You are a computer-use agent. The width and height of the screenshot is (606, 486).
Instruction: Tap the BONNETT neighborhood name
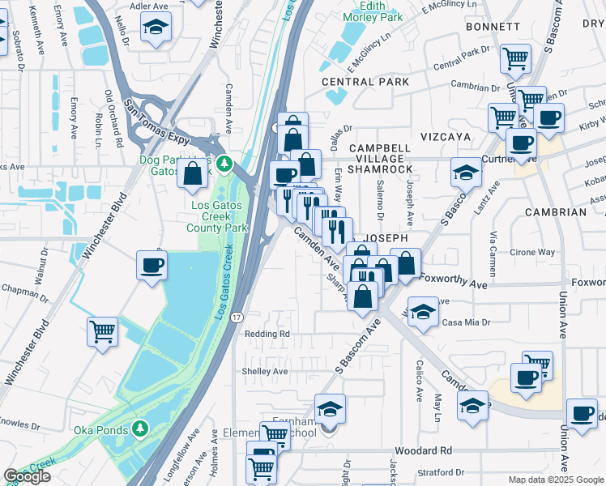point(493,27)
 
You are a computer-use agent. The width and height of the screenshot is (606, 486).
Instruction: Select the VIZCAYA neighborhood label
point(445,138)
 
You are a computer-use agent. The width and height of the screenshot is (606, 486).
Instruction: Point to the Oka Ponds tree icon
point(141,428)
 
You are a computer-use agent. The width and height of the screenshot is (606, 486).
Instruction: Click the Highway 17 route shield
point(235,314)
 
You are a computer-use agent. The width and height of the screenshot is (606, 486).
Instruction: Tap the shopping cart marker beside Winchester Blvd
point(103,331)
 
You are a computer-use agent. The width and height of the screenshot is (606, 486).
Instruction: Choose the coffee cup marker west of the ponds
point(151,265)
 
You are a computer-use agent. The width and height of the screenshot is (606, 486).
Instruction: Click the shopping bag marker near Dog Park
point(193,173)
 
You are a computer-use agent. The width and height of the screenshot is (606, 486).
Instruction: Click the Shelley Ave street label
point(264,371)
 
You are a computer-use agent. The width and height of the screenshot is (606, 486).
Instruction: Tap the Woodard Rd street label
point(423,450)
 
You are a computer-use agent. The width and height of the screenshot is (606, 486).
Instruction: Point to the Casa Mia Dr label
point(466,322)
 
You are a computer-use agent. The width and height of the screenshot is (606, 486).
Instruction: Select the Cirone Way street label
point(531,253)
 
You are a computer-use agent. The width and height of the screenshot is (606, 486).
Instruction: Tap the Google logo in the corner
point(28,476)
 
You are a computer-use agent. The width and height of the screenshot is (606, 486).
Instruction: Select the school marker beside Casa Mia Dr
point(422,313)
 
